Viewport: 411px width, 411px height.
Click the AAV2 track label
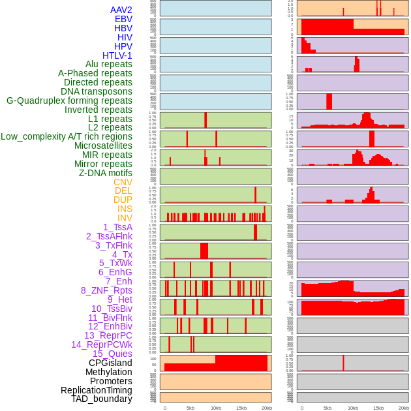coord(121,10)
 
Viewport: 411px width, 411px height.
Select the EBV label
coord(123,19)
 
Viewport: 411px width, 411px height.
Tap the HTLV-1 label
coord(117,55)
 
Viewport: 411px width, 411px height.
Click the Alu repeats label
coord(108,64)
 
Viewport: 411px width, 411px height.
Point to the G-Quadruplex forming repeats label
coord(69,100)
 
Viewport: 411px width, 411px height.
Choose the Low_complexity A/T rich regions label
coord(66,136)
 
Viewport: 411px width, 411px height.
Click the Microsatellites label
coord(103,145)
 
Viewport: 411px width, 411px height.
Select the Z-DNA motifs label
coord(105,173)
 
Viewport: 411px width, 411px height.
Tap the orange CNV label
coord(123,182)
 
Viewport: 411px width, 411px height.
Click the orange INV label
coord(125,218)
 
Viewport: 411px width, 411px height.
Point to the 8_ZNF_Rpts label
coord(106,290)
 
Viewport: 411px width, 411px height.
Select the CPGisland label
coord(110,363)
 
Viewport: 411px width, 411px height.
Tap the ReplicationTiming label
coord(97,390)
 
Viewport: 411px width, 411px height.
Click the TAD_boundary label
coord(101,399)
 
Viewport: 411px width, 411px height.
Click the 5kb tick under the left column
coord(190,408)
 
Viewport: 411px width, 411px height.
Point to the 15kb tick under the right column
coord(378,408)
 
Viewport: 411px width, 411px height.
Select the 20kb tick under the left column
coord(266,408)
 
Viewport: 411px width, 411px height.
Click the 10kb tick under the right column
coord(353,408)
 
